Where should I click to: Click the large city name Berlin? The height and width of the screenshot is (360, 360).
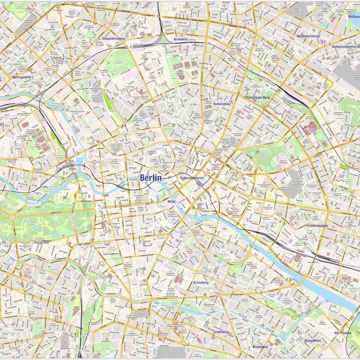click(150, 178)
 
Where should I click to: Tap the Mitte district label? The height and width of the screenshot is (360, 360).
click(171, 201)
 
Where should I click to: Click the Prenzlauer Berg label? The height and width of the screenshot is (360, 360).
click(257, 97)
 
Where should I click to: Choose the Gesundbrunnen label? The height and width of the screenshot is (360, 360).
click(113, 38)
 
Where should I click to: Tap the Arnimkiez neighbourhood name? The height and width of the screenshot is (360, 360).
click(180, 39)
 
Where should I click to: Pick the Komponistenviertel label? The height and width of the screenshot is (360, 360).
click(346, 46)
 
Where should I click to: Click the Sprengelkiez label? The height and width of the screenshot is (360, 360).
click(22, 77)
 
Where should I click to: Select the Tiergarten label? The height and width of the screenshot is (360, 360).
click(41, 242)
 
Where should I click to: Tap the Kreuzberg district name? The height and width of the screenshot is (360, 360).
click(201, 282)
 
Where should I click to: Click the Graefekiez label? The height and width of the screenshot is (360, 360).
click(221, 331)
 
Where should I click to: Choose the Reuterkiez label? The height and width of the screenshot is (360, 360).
click(260, 346)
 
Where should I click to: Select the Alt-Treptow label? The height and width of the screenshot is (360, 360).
click(343, 332)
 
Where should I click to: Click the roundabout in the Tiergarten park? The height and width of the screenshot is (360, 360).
click(11, 218)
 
